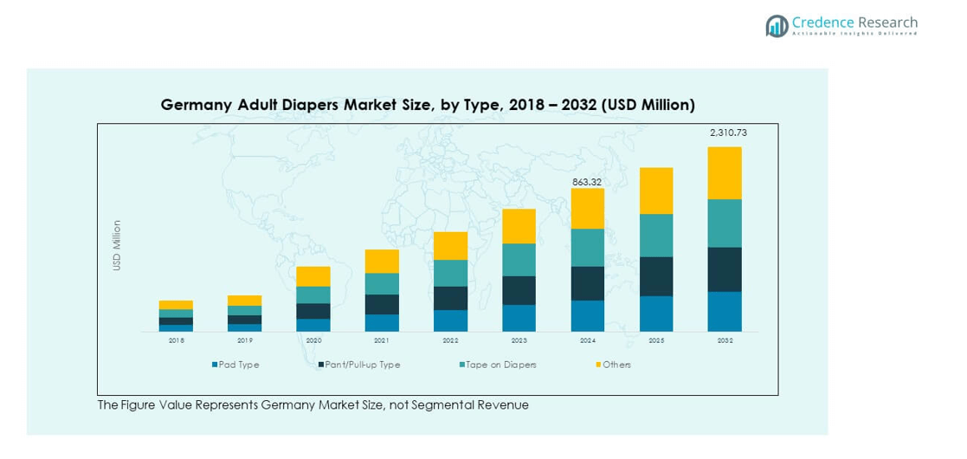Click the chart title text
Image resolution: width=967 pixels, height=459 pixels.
pyautogui.click(x=428, y=105)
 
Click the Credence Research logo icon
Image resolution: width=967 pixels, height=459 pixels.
pyautogui.click(x=777, y=26)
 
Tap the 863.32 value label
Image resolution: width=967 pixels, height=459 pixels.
pyautogui.click(x=588, y=182)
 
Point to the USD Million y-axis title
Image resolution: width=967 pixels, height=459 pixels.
pyautogui.click(x=117, y=245)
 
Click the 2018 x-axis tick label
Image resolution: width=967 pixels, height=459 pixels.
pyautogui.click(x=176, y=341)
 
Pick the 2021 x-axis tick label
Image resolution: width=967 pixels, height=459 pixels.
pyautogui.click(x=382, y=341)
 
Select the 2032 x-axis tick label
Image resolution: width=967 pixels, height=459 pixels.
pyautogui.click(x=725, y=341)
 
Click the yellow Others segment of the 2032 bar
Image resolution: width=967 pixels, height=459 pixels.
pyautogui.click(x=725, y=172)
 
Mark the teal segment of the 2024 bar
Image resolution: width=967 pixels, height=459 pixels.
pyautogui.click(x=588, y=248)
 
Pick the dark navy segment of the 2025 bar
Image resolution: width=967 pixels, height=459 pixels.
pyautogui.click(x=656, y=276)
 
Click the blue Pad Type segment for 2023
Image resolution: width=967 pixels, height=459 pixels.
pyautogui.click(x=519, y=318)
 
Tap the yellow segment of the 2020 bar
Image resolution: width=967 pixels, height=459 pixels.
pyautogui.click(x=313, y=276)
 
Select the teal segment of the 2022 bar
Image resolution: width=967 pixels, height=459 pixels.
pyautogui.click(x=450, y=273)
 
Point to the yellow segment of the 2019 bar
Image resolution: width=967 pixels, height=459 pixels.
pyautogui.click(x=244, y=301)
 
